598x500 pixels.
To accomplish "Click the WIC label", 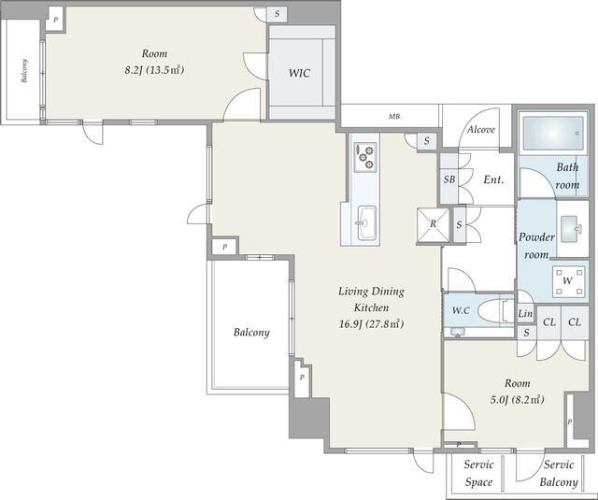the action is pos(299,73).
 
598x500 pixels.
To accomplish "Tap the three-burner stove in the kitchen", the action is pos(365,157).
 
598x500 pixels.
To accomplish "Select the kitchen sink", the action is pos(366,223).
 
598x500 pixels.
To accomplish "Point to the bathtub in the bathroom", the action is pos(553,134).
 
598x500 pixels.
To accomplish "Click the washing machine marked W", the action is pos(568,281).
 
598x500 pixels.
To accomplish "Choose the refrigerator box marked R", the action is pos(434,225).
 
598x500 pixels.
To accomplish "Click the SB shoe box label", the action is pos(449,179).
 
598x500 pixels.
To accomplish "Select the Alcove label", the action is pos(481,130).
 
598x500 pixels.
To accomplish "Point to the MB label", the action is pos(394,117).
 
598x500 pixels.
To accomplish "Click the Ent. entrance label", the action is pos(493,179).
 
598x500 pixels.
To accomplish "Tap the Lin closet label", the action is pos(525,313).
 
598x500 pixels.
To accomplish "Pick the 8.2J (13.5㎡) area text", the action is pos(154,70).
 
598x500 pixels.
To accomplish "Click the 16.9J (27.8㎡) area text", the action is pos(371,324).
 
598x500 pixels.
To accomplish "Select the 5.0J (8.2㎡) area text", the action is pos(517,400).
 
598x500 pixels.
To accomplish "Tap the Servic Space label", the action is pos(479,473).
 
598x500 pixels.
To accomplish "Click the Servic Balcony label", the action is pos(559,473).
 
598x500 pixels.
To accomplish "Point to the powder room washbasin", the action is pos(571,228).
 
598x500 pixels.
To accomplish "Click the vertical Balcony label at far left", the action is pos(24,70).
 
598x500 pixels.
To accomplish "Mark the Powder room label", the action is pos(536,246).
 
